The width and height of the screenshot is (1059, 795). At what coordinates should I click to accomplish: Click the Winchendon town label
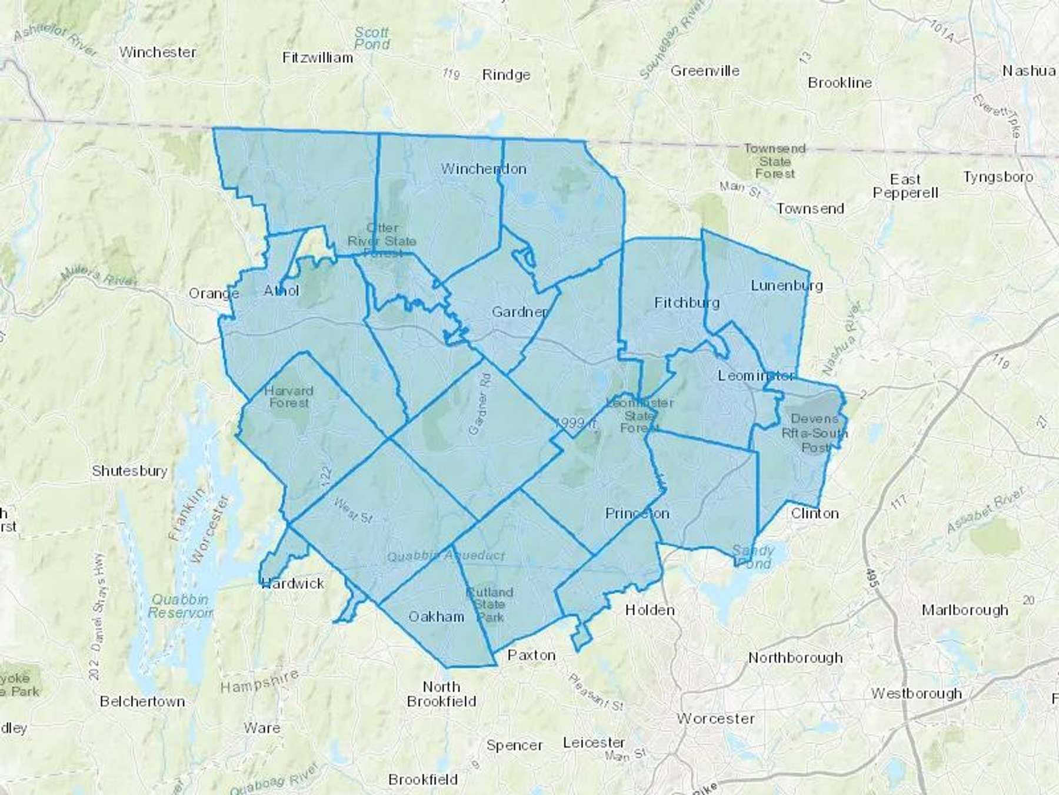click(484, 169)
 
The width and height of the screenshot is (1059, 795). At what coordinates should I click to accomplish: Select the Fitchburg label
click(687, 303)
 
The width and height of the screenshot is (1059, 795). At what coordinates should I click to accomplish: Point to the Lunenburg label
click(787, 286)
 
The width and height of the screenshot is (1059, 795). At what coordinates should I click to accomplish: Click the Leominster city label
click(756, 375)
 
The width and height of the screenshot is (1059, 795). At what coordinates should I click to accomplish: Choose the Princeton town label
click(637, 514)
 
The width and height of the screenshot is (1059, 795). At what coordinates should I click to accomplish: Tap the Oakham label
click(436, 617)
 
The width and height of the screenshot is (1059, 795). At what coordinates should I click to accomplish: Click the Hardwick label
click(293, 583)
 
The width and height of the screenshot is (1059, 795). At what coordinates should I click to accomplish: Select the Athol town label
click(281, 290)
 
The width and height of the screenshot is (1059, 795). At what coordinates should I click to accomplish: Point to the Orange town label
click(214, 293)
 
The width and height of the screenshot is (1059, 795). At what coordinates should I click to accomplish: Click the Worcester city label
click(715, 718)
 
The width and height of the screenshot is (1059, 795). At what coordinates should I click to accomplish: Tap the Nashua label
click(1028, 71)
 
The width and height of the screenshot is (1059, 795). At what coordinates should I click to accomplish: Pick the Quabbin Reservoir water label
click(180, 606)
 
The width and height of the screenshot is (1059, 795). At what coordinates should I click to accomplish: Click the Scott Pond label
click(372, 38)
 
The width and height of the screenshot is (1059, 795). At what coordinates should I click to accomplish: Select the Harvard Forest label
click(288, 397)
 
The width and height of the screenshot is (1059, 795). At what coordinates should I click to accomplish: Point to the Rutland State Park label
click(489, 604)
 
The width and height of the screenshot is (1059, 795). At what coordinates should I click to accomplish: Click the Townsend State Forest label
click(774, 161)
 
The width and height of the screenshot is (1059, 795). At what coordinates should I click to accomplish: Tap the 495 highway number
click(871, 577)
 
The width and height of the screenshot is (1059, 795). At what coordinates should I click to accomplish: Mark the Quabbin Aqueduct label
click(446, 555)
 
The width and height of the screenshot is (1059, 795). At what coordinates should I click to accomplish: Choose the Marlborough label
click(964, 609)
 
